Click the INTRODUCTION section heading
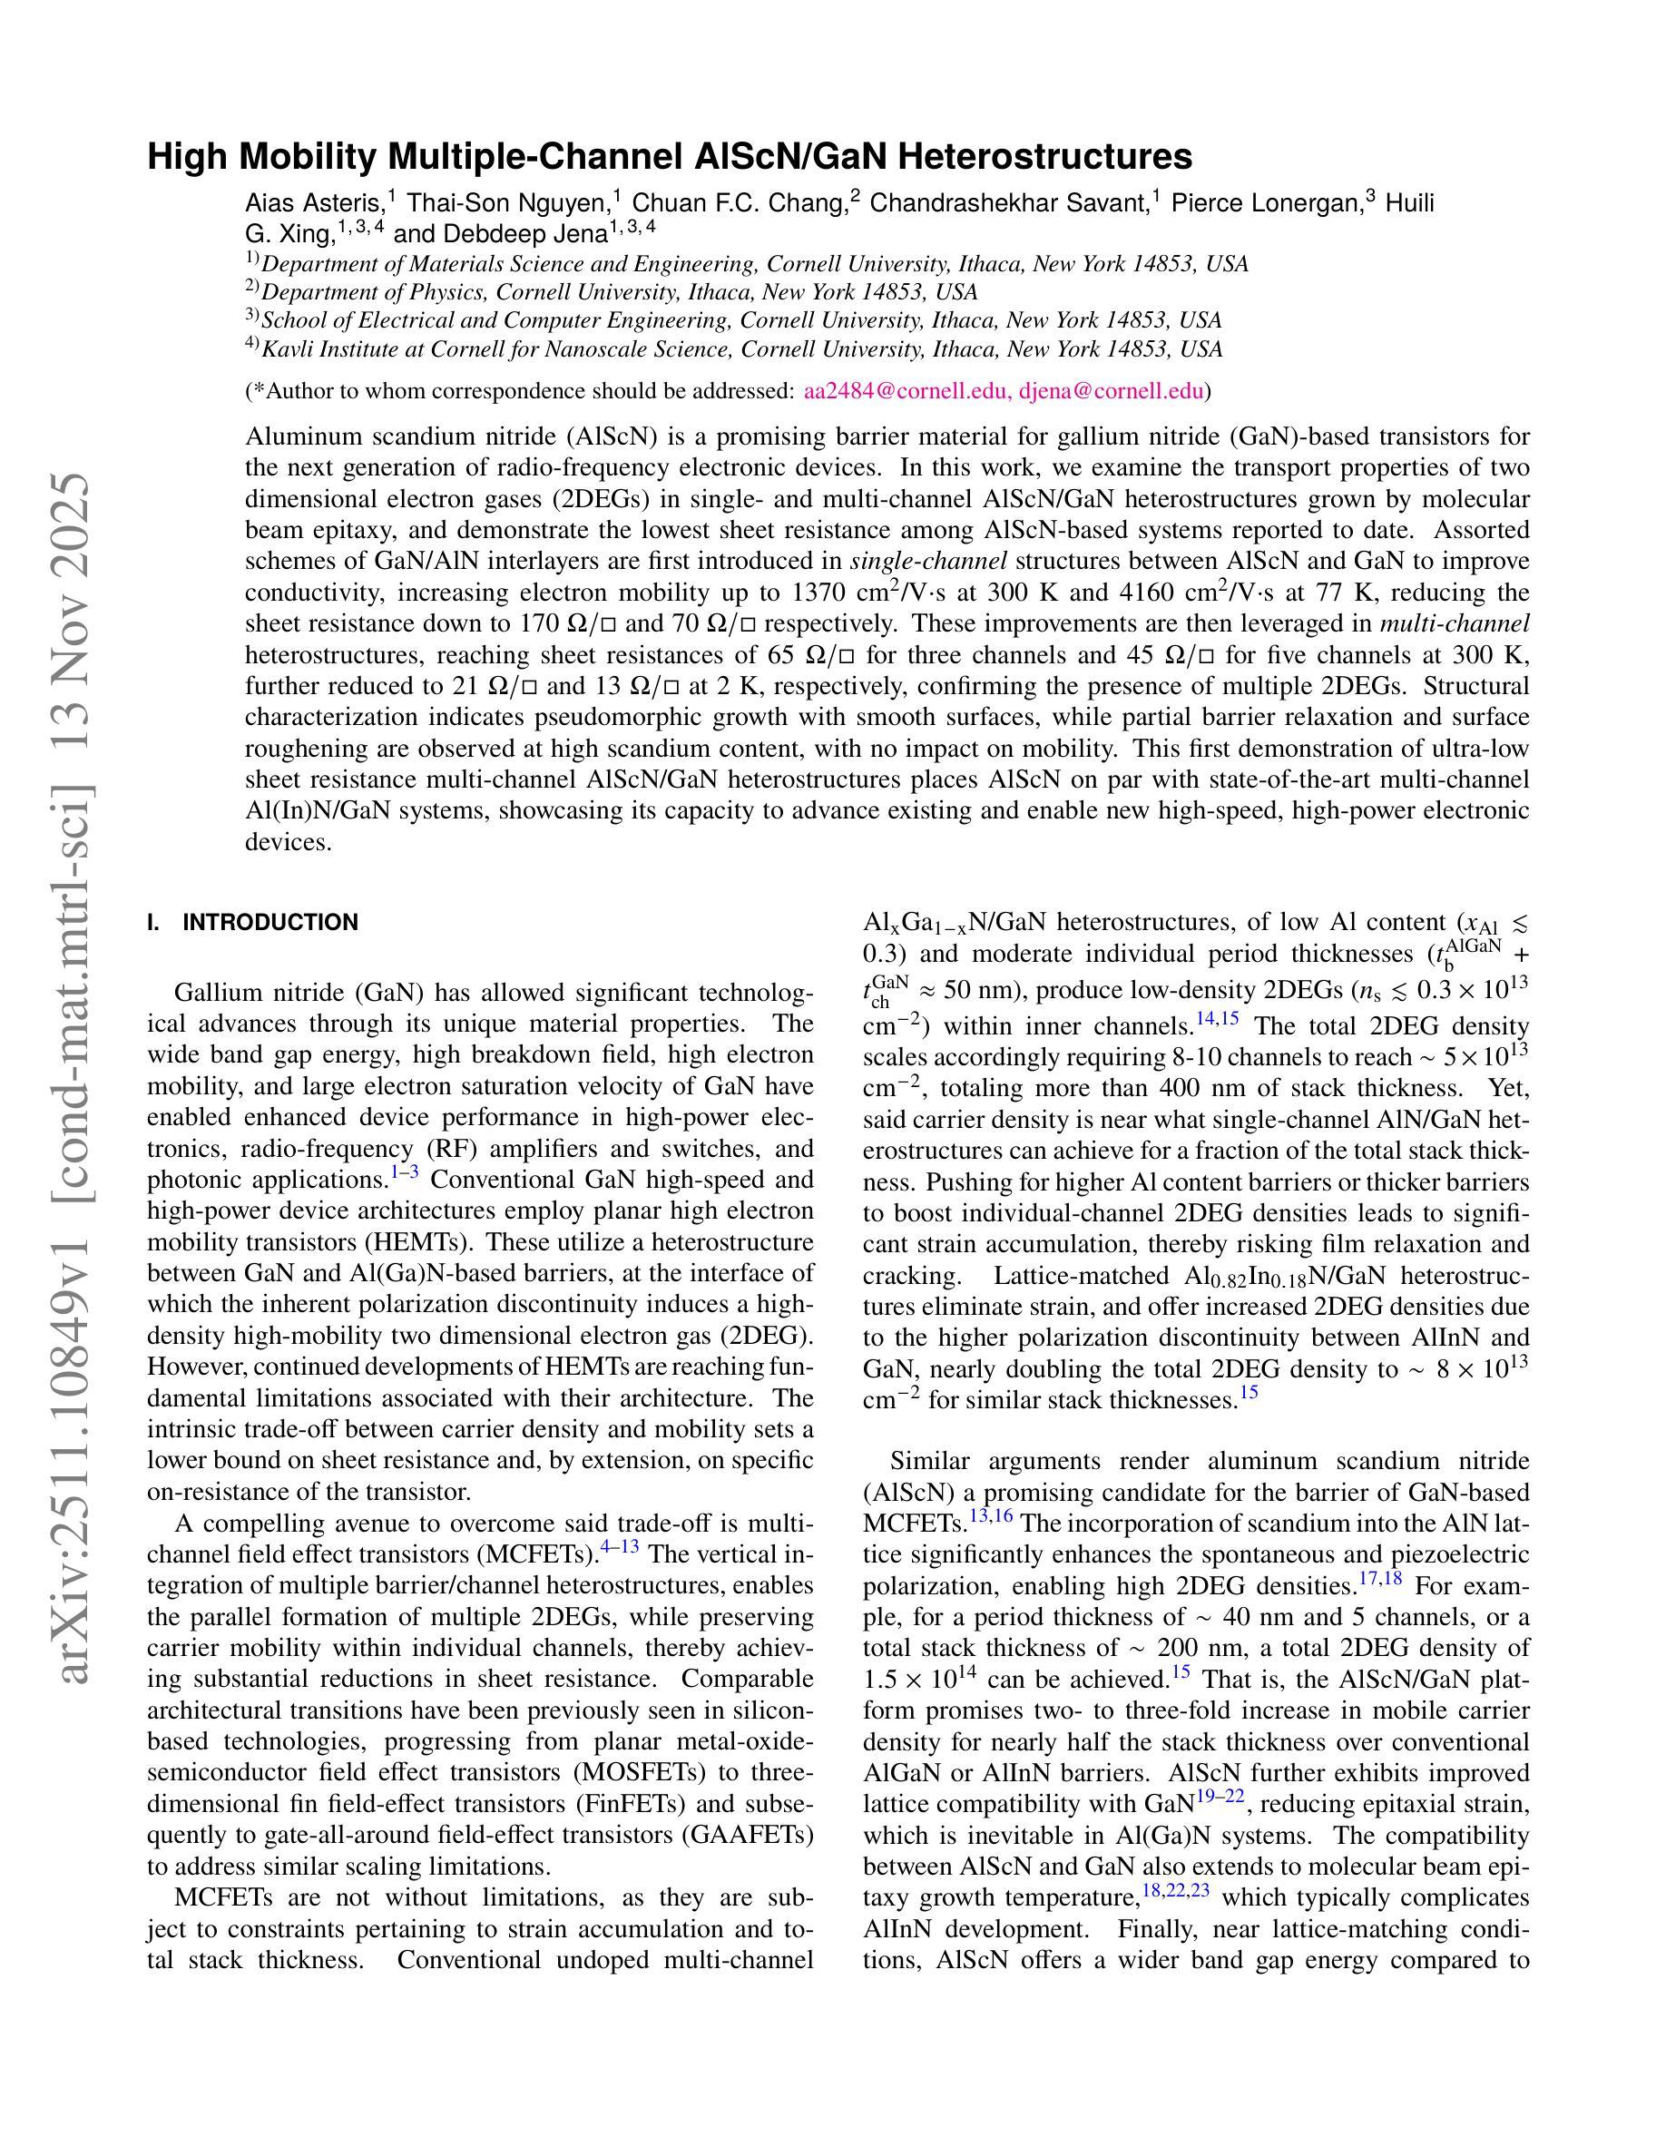[270, 923]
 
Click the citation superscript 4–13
[620, 1547]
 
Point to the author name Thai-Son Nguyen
[508, 203]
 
